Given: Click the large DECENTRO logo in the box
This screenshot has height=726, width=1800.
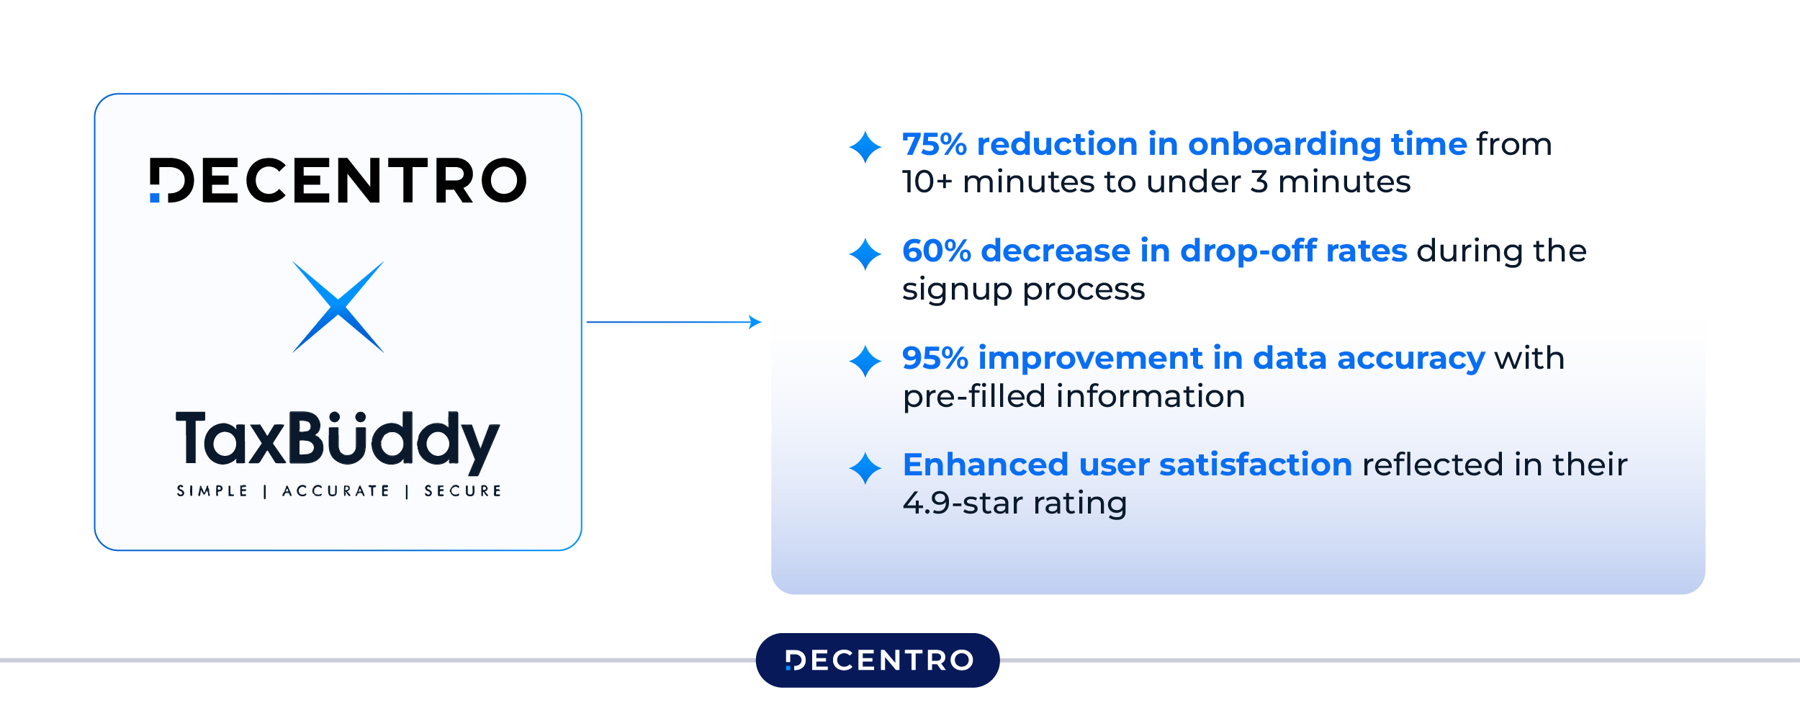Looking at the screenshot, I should point(338,180).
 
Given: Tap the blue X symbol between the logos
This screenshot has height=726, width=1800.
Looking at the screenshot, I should point(338,307).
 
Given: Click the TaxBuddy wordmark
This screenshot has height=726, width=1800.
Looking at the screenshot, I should point(338,439).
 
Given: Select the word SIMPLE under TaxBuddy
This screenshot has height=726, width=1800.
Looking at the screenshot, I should point(212,491).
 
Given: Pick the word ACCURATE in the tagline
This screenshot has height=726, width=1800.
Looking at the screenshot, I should point(336,491).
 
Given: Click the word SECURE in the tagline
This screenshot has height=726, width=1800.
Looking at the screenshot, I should point(463,491).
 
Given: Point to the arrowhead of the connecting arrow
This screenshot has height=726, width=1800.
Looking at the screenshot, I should point(755,322).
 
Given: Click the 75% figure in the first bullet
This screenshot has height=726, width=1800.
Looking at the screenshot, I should point(934,144).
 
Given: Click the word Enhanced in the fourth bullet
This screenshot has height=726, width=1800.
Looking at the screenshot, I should point(985,465).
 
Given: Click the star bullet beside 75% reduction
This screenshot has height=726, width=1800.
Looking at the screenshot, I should point(865,147).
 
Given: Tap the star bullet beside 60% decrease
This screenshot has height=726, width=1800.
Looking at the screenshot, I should point(865,254).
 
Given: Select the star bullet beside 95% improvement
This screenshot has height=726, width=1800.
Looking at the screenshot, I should point(865,361).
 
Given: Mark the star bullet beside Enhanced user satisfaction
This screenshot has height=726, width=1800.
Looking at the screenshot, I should point(865,468).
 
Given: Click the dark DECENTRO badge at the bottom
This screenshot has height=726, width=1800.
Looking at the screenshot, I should point(878,660).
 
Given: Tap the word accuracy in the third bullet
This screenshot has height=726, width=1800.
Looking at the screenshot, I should point(1410,358).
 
